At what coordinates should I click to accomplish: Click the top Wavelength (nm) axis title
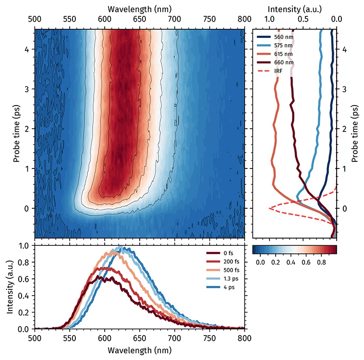(139, 9)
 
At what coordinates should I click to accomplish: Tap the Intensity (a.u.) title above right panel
(294, 9)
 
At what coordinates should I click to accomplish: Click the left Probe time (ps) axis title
(16, 132)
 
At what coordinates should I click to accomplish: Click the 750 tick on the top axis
(210, 19)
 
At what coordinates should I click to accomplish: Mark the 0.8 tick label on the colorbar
(321, 263)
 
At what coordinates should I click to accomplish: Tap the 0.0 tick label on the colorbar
(260, 263)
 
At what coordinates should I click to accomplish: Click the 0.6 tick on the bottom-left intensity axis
(23, 278)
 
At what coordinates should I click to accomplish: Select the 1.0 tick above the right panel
(269, 19)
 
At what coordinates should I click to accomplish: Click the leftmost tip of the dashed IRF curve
(269, 208)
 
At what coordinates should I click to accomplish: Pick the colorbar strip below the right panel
(294, 249)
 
